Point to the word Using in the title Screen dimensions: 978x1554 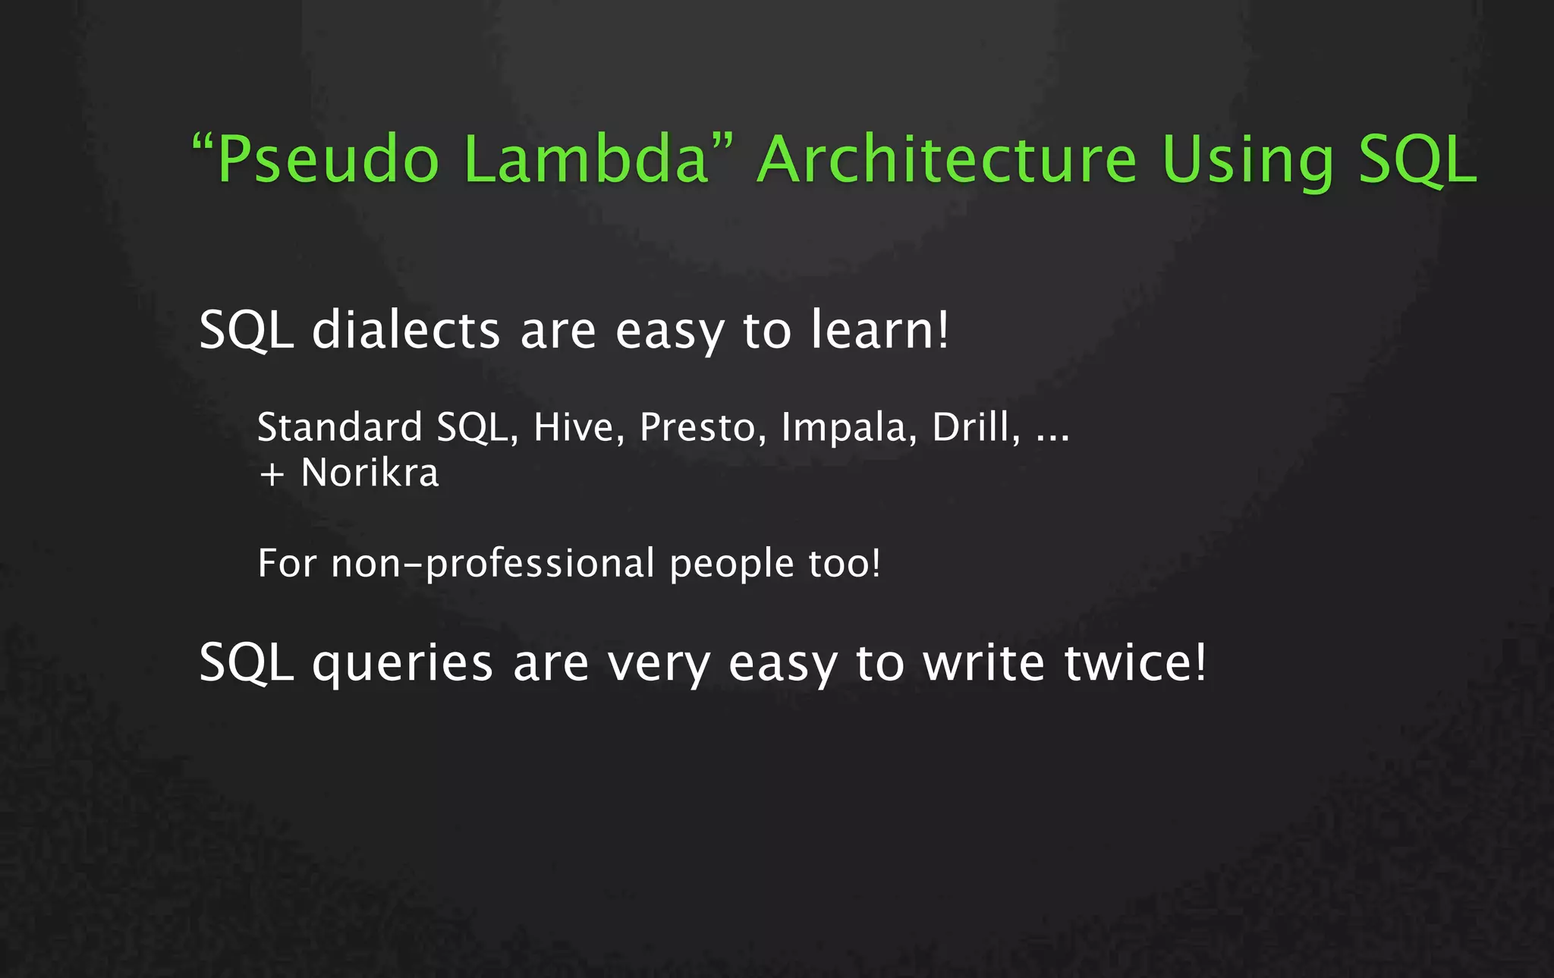[1247, 161]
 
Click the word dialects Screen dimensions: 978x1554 [406, 330]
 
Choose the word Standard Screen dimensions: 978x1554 [339, 427]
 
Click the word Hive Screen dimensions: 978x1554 [574, 427]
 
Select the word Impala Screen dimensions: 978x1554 [844, 429]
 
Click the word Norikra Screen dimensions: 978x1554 [370, 473]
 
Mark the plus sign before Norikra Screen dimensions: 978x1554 [272, 475]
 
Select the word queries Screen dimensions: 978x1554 [403, 664]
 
